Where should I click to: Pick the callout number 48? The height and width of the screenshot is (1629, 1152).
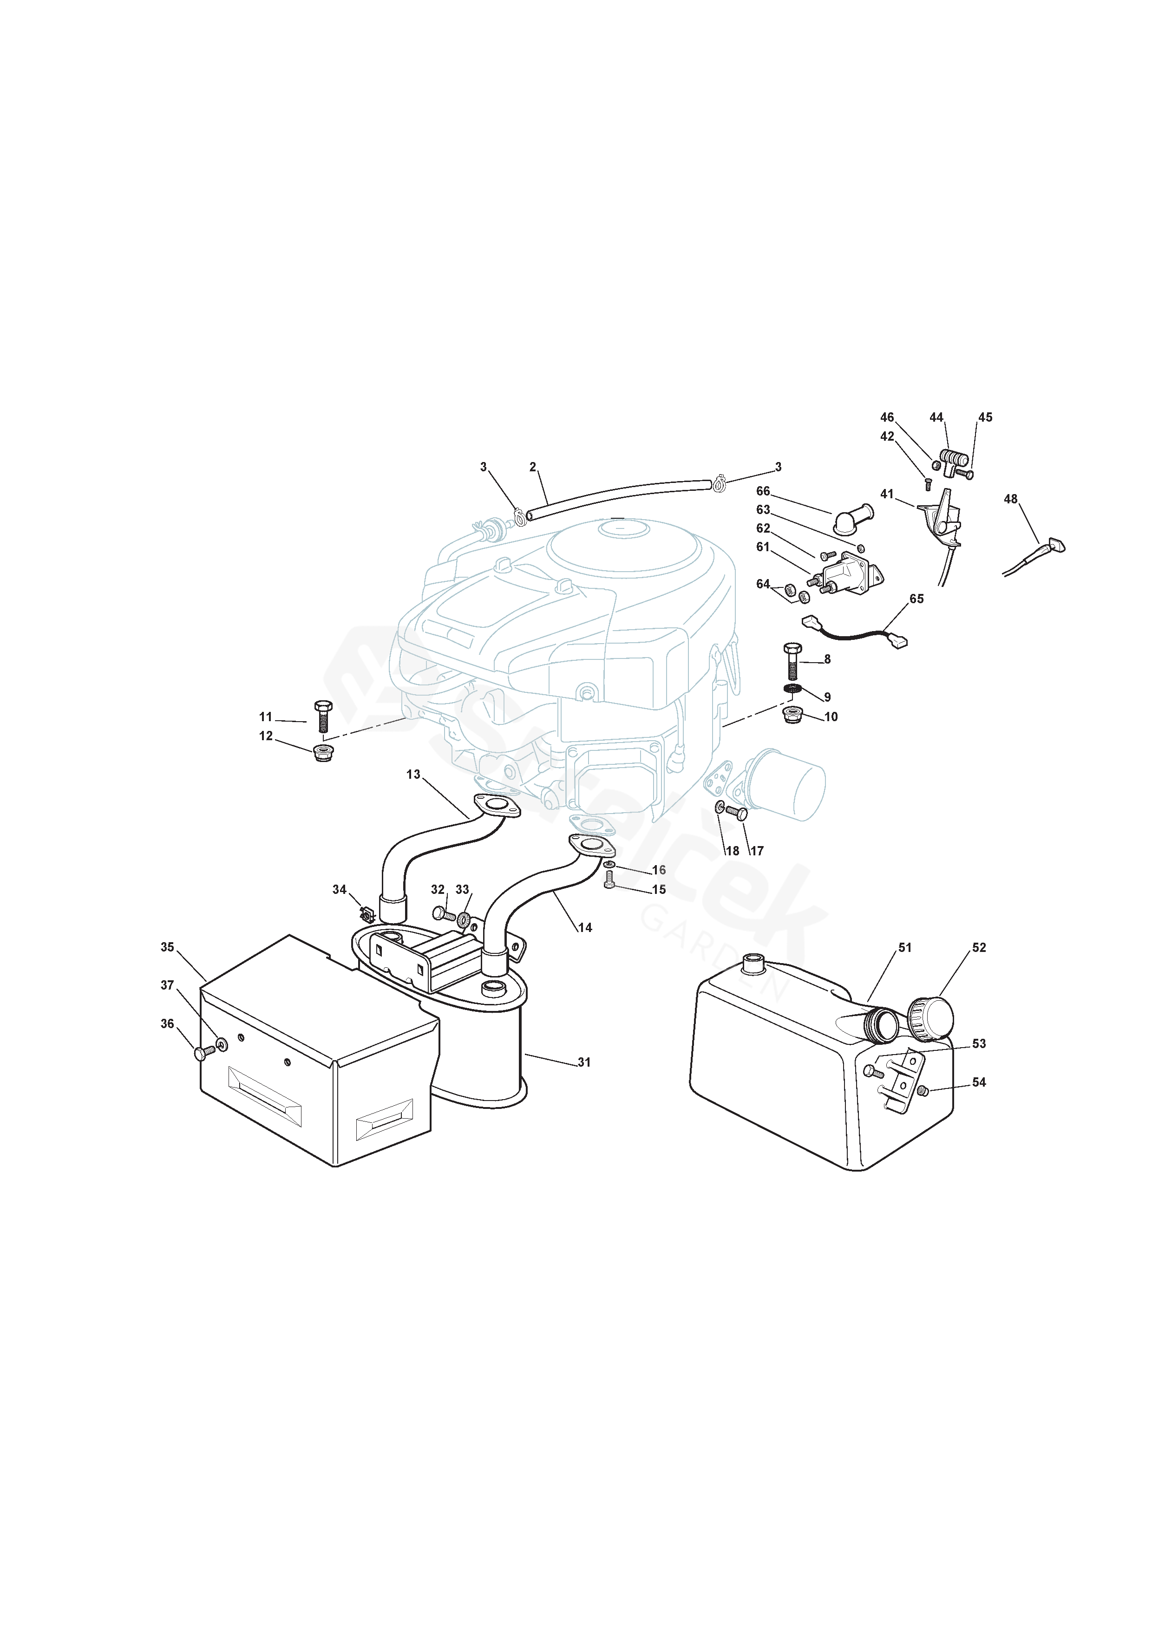point(1011,500)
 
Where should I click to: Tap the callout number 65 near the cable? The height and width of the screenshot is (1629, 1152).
point(916,599)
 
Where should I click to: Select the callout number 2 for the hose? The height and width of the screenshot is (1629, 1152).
point(532,467)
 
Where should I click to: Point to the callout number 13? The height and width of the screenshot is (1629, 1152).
point(413,774)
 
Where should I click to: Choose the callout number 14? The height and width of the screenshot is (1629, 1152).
point(585,927)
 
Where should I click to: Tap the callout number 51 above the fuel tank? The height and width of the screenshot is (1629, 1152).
point(905,947)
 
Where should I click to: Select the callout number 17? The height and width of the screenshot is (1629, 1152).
point(757,851)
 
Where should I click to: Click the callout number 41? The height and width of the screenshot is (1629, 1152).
point(887,494)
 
